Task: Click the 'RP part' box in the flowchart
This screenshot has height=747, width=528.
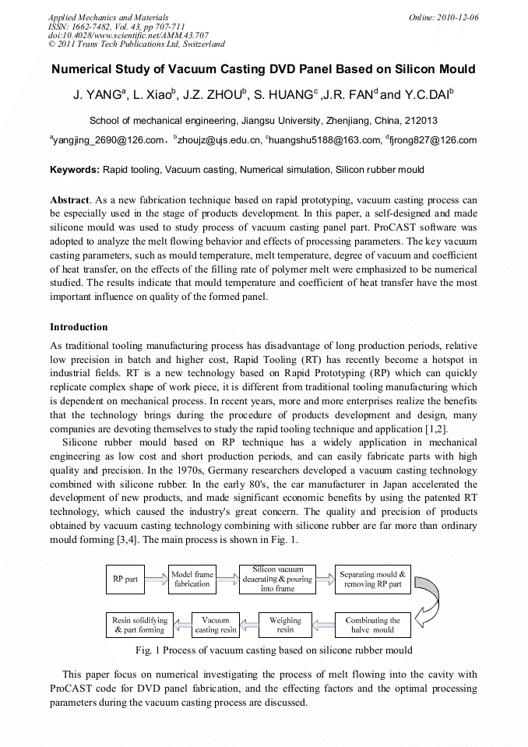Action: pyautogui.click(x=125, y=579)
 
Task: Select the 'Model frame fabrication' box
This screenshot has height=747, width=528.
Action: pyautogui.click(x=192, y=579)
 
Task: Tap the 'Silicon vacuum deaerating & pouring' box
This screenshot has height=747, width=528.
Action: pyautogui.click(x=278, y=579)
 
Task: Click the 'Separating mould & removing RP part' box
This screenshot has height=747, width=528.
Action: pyautogui.click(x=371, y=579)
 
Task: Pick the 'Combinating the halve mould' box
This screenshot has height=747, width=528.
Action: pyautogui.click(x=371, y=625)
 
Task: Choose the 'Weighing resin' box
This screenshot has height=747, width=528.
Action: pyautogui.click(x=285, y=625)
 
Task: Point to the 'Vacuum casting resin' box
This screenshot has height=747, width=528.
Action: pyautogui.click(x=216, y=625)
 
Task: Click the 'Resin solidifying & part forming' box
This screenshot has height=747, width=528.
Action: pyautogui.click(x=139, y=625)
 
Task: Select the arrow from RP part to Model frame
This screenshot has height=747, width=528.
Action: pyautogui.click(x=156, y=579)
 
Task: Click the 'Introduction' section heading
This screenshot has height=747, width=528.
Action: pyautogui.click(x=79, y=327)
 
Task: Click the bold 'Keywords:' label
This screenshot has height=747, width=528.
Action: pyautogui.click(x=75, y=169)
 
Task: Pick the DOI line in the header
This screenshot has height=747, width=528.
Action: pyautogui.click(x=128, y=35)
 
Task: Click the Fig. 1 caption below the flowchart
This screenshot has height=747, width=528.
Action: pyautogui.click(x=273, y=650)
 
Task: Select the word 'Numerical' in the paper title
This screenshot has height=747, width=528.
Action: pyautogui.click(x=87, y=69)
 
